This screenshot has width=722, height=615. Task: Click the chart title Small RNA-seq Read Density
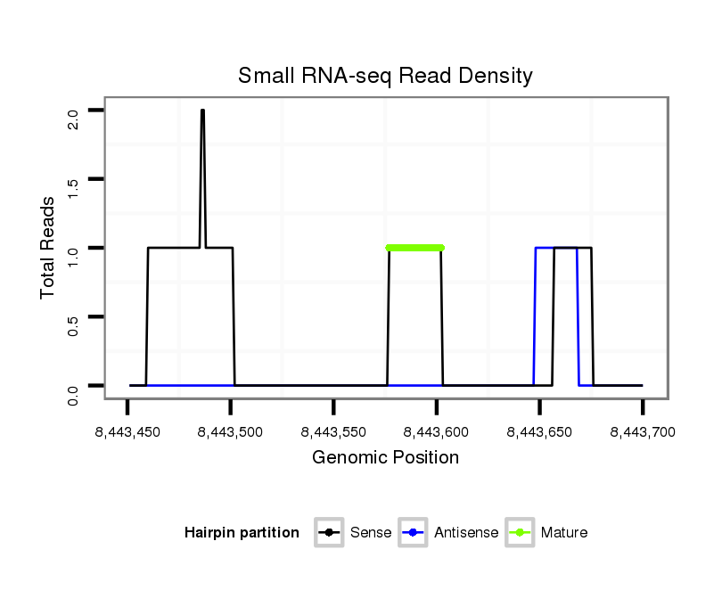click(x=385, y=76)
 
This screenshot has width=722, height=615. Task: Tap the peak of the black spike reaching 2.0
click(x=202, y=111)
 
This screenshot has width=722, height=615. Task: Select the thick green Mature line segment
click(x=414, y=248)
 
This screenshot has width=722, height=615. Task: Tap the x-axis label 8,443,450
click(x=127, y=432)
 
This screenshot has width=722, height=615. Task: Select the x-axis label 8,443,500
click(x=230, y=432)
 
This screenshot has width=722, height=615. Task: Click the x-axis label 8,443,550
click(x=333, y=432)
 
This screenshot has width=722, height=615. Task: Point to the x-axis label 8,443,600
click(x=436, y=432)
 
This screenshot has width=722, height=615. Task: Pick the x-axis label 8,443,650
click(x=539, y=432)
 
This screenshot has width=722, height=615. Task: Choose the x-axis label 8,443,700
click(x=642, y=432)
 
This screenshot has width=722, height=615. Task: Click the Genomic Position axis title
click(x=385, y=458)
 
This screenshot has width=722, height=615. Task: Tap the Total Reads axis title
click(x=49, y=248)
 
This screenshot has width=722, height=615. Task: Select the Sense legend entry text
click(x=371, y=533)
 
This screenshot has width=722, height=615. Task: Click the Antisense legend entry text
click(x=466, y=533)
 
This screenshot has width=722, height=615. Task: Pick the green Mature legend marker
click(x=520, y=533)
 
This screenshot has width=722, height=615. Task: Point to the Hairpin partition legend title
click(x=242, y=533)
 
